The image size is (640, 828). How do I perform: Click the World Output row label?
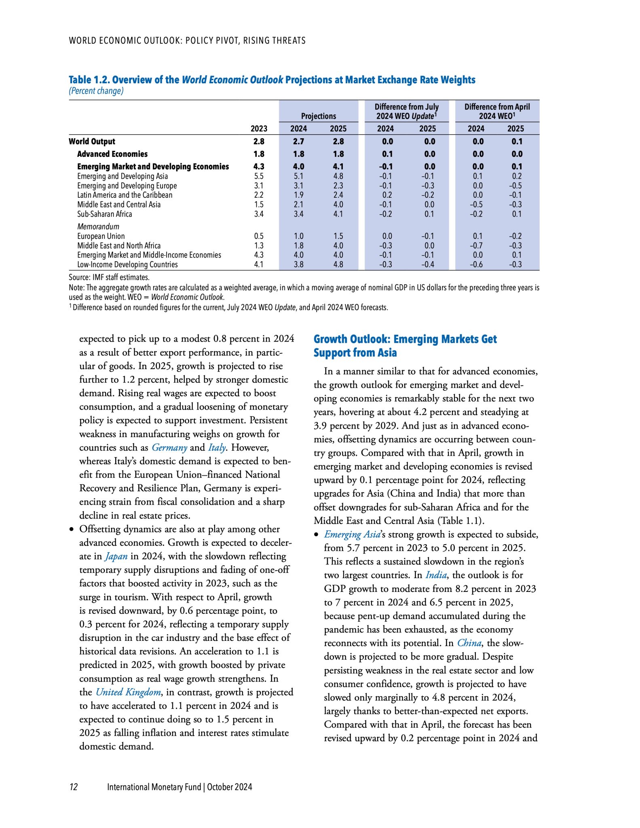click(x=92, y=142)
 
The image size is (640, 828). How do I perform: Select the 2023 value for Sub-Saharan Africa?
click(x=259, y=214)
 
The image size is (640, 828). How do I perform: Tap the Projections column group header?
click(x=318, y=116)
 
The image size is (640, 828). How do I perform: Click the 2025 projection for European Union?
click(x=338, y=236)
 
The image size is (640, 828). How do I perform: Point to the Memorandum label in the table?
click(x=98, y=227)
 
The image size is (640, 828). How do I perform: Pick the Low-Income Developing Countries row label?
click(x=127, y=265)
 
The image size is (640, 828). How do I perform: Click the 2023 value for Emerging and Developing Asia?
click(x=259, y=176)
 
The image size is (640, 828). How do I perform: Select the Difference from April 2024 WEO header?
click(x=497, y=111)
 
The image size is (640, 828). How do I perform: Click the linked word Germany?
click(x=169, y=448)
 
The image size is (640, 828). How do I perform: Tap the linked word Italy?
click(x=217, y=448)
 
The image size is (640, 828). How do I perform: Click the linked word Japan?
click(x=116, y=556)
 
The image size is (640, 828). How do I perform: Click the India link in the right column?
click(x=436, y=575)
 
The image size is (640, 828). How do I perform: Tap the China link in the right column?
click(x=469, y=643)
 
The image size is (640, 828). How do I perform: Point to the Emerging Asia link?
click(x=352, y=534)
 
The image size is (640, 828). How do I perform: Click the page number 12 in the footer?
click(x=74, y=787)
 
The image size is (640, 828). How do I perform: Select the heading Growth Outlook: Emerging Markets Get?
click(x=405, y=339)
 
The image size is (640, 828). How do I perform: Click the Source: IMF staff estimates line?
click(x=109, y=278)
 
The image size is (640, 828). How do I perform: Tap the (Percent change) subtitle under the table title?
click(x=96, y=91)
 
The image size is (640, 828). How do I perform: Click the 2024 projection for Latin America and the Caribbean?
click(x=298, y=195)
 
